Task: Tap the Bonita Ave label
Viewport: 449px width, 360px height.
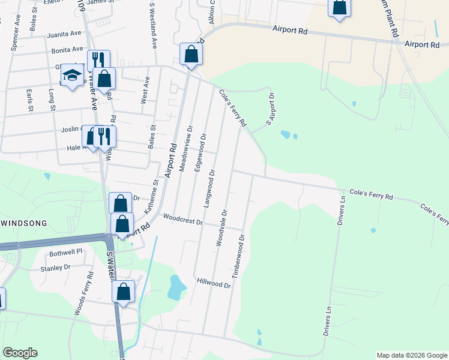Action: [x=67, y=50]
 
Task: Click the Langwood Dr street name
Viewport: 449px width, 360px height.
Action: [x=211, y=189]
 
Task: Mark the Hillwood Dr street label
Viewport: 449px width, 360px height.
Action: [x=213, y=282]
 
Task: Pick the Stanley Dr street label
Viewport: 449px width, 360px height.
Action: [x=55, y=268]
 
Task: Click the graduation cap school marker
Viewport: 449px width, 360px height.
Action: [x=73, y=75]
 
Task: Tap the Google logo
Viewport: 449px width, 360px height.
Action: [x=20, y=353]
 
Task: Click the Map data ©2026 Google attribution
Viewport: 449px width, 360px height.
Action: [x=411, y=355]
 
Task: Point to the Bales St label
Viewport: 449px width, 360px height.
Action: [x=152, y=137]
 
